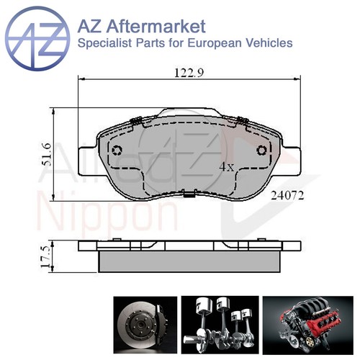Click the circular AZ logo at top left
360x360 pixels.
(37, 39)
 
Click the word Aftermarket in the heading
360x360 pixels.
(156, 27)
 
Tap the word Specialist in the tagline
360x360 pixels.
(105, 43)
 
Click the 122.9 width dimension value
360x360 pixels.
(189, 73)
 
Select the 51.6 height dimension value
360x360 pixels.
(46, 154)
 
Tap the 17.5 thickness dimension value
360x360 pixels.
(46, 256)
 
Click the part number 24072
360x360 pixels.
(287, 196)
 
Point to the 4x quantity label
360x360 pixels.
(227, 166)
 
